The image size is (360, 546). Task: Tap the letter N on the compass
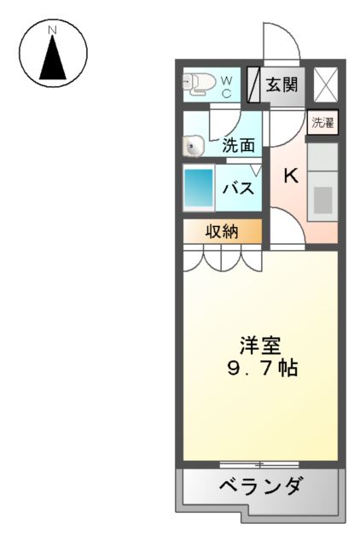[53, 30]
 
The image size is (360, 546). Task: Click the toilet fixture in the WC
[200, 83]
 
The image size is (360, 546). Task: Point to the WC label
[227, 86]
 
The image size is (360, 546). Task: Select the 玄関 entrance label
[281, 84]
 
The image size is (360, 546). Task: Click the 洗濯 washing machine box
[322, 122]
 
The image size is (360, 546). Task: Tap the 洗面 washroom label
[238, 145]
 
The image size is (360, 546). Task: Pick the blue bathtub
[200, 188]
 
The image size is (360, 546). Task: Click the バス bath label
[239, 188]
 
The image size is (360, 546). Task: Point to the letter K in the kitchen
[291, 176]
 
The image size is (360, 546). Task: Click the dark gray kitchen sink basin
[322, 198]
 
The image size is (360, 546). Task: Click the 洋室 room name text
[258, 346]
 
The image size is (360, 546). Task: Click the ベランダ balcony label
[260, 487]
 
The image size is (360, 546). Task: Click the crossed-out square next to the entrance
[325, 84]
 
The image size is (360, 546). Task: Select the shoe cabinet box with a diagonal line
[253, 84]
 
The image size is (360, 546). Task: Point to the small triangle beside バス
[256, 171]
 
